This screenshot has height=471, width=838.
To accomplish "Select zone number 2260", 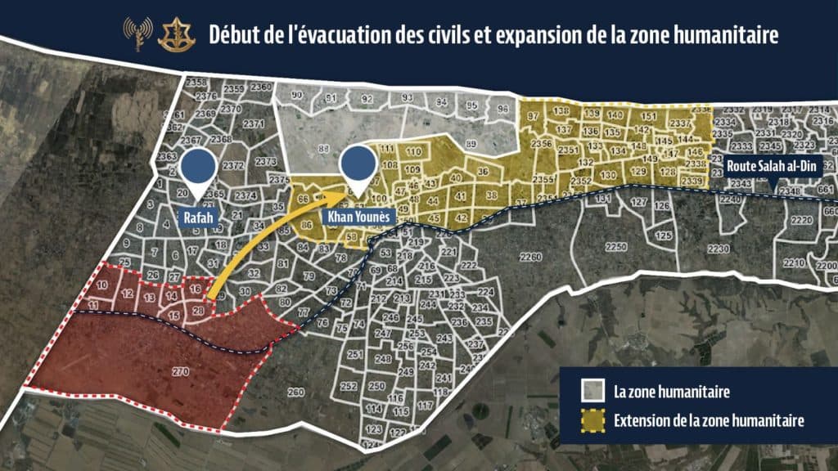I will [x=530, y=258].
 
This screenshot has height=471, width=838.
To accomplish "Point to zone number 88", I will [x=324, y=148].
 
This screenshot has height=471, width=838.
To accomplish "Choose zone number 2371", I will [x=254, y=123].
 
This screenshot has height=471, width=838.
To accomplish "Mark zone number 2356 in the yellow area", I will [x=541, y=144].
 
